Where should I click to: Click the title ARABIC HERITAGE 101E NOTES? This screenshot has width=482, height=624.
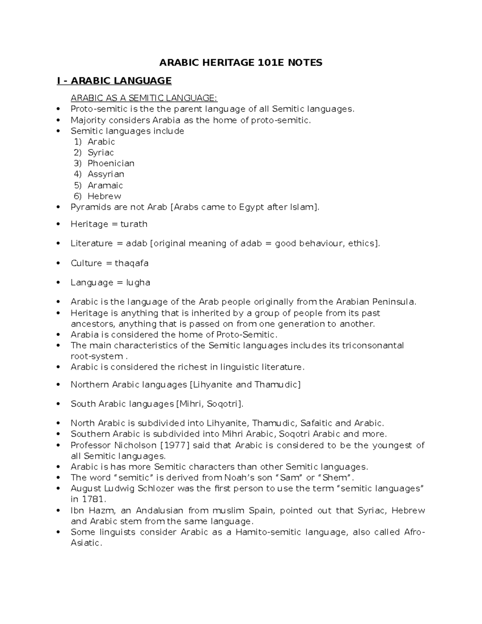tap(241, 63)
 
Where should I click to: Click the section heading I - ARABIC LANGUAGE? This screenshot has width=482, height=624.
tap(114, 81)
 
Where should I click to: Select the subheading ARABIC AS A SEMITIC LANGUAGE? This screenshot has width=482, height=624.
tap(144, 98)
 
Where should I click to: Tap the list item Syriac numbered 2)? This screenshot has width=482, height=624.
tap(101, 153)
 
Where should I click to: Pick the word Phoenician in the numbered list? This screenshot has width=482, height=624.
tap(111, 164)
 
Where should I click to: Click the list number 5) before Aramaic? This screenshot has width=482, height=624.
tap(78, 185)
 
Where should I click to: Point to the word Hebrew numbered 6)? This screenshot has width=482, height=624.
tap(104, 196)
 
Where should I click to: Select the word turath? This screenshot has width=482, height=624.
tap(134, 224)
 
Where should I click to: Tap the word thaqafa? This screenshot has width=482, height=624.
tap(131, 263)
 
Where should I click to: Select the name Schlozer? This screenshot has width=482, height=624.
tap(156, 489)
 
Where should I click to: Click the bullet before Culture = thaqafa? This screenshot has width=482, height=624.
tap(59, 263)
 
